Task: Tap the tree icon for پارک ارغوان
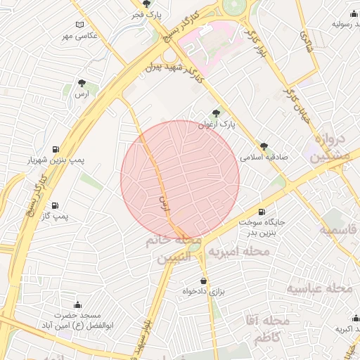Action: point(216,112)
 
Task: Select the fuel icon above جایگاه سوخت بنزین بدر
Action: point(262,212)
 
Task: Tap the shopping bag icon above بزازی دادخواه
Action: point(203,281)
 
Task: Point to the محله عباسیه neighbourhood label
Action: point(319,288)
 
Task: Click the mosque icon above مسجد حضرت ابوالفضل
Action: point(77,304)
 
